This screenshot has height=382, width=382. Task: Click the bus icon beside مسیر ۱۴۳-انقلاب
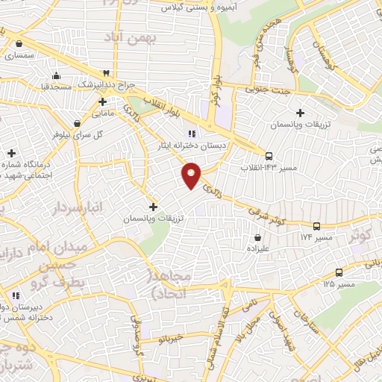pyautogui.click(x=269, y=156)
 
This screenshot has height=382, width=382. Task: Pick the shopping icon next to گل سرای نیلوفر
pyautogui.click(x=77, y=124)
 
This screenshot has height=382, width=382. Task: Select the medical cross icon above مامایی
pyautogui.click(x=101, y=101)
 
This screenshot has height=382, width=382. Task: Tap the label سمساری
pyautogui.click(x=19, y=55)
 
